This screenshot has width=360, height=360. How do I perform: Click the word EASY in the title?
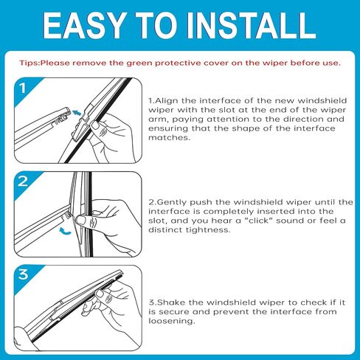[83, 26]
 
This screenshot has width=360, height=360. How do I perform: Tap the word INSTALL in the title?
[251, 26]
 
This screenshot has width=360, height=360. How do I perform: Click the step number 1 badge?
[23, 88]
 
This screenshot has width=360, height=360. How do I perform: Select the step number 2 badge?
[23, 181]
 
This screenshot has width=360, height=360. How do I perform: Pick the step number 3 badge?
[23, 274]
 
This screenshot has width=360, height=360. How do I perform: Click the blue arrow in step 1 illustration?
[77, 112]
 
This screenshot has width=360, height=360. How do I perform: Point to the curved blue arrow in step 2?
[65, 231]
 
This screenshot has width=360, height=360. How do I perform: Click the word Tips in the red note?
[30, 63]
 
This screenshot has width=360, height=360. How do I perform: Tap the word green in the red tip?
[140, 63]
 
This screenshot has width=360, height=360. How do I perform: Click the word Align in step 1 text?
[167, 101]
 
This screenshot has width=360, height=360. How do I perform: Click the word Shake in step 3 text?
[171, 302]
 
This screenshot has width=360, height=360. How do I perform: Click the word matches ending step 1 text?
[170, 137]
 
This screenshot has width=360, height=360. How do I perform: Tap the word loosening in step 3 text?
[172, 321]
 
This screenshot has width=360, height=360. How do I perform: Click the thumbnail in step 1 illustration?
[95, 125]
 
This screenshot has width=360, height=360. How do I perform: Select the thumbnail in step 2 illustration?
[81, 220]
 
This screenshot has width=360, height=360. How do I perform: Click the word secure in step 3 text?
[174, 312]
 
